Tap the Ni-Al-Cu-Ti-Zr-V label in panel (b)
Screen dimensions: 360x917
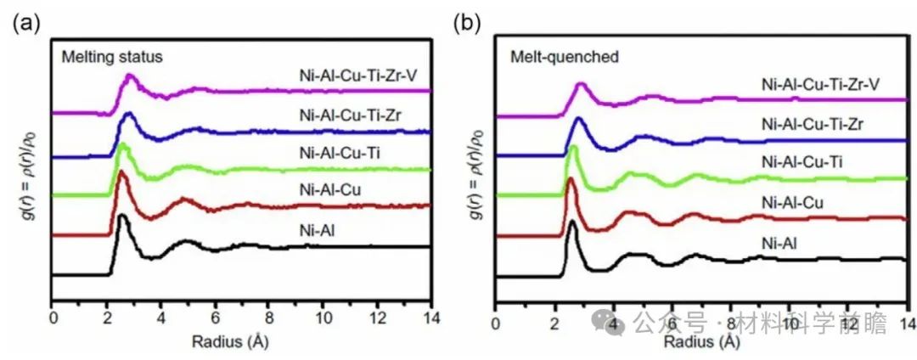pos(821,85)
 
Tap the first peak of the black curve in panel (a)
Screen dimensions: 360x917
pos(123,216)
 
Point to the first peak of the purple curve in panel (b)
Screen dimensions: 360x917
pos(582,84)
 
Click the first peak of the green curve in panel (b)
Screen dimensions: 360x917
pos(572,148)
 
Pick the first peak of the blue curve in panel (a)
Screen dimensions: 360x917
pos(128,114)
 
